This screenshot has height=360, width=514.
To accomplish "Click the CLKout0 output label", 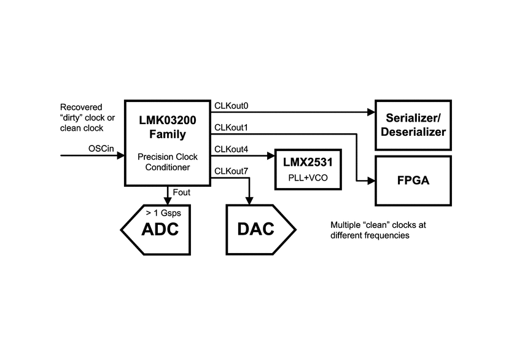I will pos(231,106).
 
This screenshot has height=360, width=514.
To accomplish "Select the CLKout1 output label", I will pos(231,127).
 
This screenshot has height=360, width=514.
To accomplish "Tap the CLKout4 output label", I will pos(231,149).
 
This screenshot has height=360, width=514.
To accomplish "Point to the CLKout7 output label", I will pos(231,171).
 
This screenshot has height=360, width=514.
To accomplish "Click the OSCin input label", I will pos(101,148).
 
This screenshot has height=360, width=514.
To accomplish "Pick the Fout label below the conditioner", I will pos(181,193).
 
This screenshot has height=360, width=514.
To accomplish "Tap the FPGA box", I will pos(413,181).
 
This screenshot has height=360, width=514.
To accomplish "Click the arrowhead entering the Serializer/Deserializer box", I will pos(371,112).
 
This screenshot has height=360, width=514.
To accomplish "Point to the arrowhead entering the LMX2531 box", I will pos(271,156).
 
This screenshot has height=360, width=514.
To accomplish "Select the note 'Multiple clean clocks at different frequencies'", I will pos(378,230).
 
